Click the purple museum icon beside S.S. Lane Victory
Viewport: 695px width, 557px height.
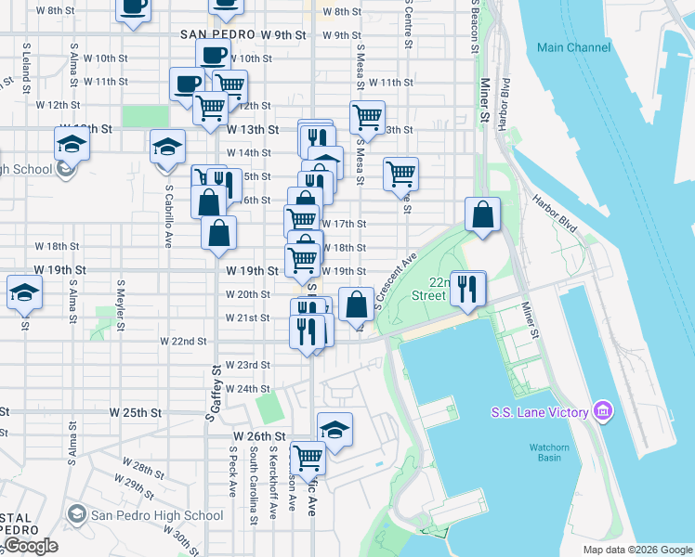click(603, 410)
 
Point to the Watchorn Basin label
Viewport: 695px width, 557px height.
click(549, 452)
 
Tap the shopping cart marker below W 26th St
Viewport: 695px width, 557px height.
click(308, 457)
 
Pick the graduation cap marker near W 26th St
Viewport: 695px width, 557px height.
click(334, 429)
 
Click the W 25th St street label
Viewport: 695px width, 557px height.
click(136, 411)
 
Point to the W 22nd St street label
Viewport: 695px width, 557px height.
click(183, 341)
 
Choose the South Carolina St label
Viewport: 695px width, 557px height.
click(253, 485)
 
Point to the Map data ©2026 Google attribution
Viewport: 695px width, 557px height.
click(636, 550)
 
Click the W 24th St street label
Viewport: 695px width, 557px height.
click(247, 389)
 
